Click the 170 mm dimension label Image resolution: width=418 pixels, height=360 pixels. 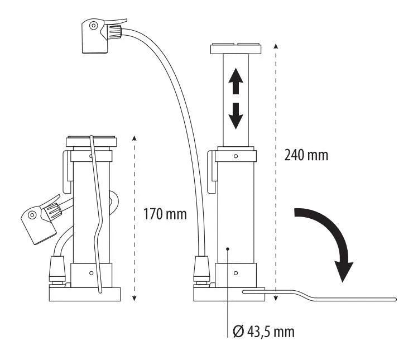(165, 214)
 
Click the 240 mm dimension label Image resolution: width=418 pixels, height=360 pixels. (306, 155)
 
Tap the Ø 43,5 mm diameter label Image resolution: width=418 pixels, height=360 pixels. (263, 332)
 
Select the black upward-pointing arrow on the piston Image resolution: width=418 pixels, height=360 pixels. (236, 81)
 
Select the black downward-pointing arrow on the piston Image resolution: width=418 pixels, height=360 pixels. (236, 116)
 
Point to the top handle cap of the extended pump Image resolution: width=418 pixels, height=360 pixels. (236, 49)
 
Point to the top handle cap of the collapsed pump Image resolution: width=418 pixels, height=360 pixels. (92, 141)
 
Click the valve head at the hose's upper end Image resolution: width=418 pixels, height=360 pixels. (102, 36)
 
